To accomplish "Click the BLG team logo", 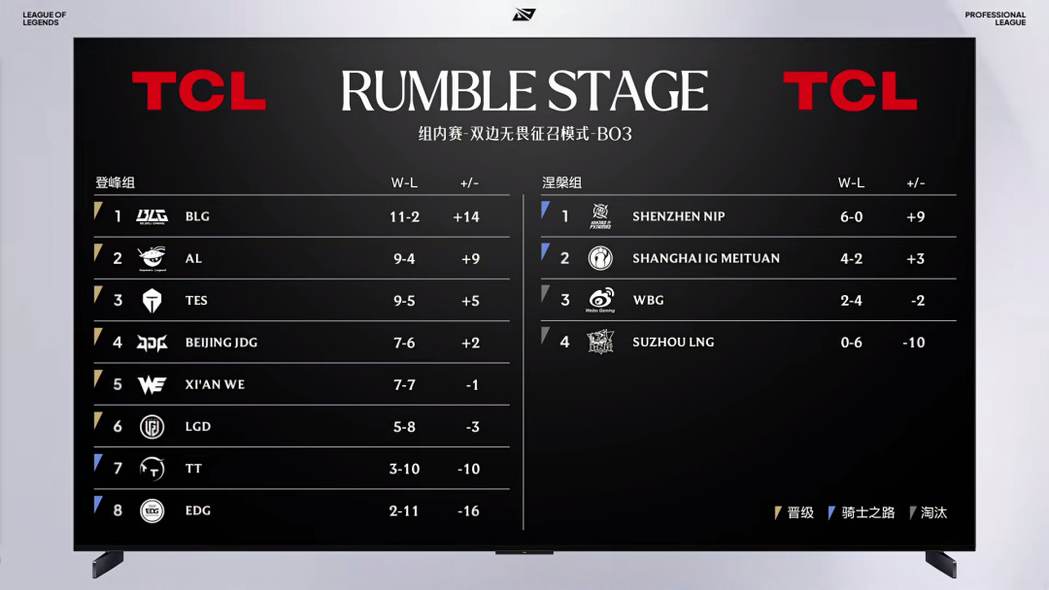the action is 152,216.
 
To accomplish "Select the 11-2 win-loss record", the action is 405,217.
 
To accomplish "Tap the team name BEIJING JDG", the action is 221,343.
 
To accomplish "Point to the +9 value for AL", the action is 470,259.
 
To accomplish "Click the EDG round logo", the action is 152,511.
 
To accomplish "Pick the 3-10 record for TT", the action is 405,469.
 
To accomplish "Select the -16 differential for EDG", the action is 468,511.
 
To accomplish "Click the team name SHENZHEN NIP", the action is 678,216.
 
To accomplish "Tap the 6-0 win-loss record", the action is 852,217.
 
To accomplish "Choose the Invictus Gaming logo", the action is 600,258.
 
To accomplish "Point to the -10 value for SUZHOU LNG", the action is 914,343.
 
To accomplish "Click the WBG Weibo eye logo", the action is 600,300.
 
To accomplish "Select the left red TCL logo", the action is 199,91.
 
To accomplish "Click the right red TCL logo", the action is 850,91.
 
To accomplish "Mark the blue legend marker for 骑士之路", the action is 830,512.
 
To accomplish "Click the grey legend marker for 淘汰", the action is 912,512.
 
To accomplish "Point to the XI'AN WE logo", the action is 152,385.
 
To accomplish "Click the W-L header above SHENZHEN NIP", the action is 851,183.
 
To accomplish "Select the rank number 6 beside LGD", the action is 118,427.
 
